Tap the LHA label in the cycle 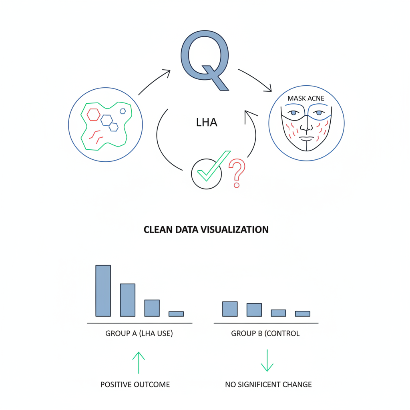207,123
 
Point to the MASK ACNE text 305,98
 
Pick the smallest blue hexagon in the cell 123,111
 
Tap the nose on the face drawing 306,127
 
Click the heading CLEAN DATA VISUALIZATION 206,229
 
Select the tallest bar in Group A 103,291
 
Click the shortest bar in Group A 176,314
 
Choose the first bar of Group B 230,309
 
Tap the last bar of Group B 303,314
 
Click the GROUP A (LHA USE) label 139,334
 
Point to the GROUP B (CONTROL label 265,334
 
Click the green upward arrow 139,363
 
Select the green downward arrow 267,360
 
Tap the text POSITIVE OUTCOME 135,384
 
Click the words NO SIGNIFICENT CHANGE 268,384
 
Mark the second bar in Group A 128,300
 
